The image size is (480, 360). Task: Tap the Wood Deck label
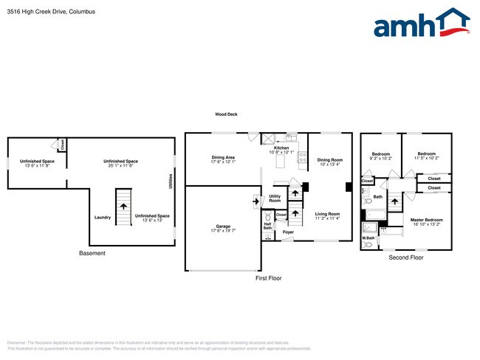pos(226,114)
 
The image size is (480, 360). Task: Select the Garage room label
pos(223,228)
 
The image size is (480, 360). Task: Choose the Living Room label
pos(326,215)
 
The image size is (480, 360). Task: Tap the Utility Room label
pos(275,198)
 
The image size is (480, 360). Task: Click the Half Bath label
pos(267,226)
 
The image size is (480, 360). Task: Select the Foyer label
pos(288,232)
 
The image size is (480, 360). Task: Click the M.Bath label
pos(367,238)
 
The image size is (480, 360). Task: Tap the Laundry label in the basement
pos(103,217)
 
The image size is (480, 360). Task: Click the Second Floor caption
pos(406,258)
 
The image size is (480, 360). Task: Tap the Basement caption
pos(92,254)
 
